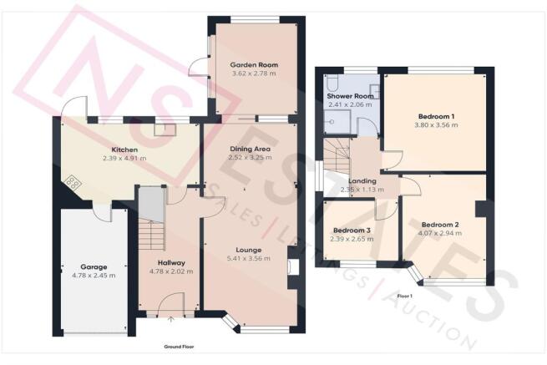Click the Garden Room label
[254, 65]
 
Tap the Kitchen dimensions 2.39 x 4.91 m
[124, 159]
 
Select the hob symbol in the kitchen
[73, 182]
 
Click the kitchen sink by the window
[165, 129]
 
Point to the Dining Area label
[251, 149]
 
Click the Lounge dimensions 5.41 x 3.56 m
[249, 259]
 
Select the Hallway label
[171, 263]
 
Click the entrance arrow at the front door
[171, 319]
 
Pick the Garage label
[94, 267]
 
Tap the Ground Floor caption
[179, 347]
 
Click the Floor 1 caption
[405, 296]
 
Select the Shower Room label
[350, 96]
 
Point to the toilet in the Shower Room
[331, 83]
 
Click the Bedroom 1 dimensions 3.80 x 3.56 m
[436, 125]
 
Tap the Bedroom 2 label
[440, 225]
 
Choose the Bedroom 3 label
[352, 231]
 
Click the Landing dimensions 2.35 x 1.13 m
[362, 190]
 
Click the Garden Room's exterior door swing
[197, 67]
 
